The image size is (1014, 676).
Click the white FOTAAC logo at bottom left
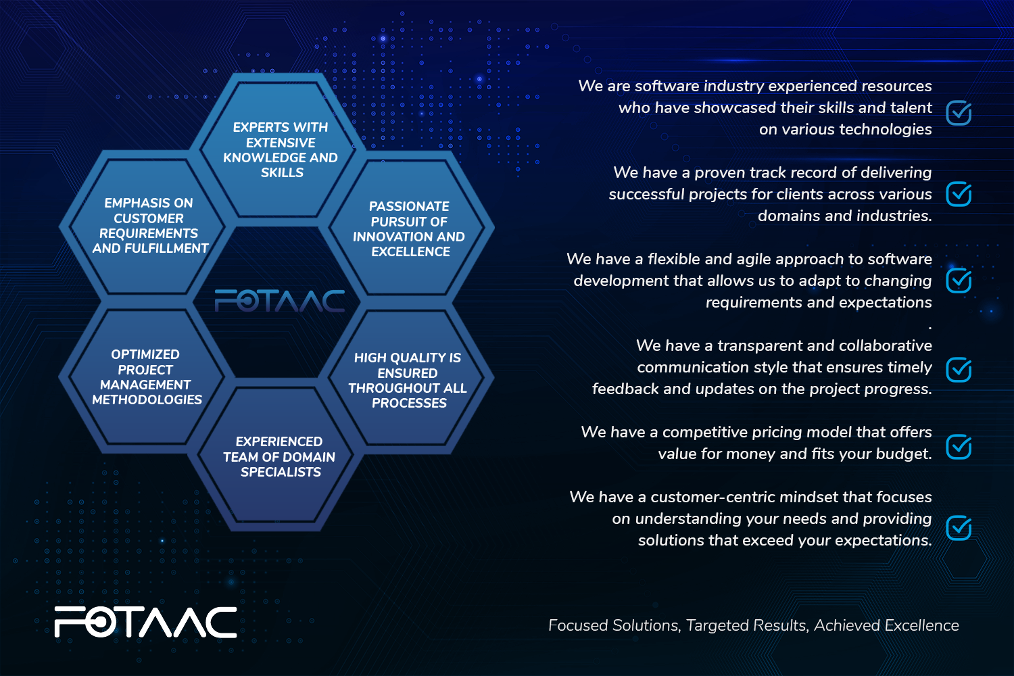tap(145, 622)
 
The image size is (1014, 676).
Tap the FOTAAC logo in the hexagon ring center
tap(279, 301)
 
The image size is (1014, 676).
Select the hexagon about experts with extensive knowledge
tap(280, 149)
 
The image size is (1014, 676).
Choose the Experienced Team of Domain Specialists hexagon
tap(279, 456)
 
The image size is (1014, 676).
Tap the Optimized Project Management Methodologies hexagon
tap(147, 377)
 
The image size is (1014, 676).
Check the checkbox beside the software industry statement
tap(959, 113)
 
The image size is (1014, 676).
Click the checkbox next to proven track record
tap(959, 194)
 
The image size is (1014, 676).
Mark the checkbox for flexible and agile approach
tap(959, 281)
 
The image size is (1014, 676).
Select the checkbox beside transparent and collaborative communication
tap(959, 370)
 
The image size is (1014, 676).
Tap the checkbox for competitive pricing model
tap(959, 446)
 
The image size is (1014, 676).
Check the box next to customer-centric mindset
tap(959, 527)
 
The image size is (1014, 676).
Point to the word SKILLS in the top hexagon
tap(282, 172)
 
